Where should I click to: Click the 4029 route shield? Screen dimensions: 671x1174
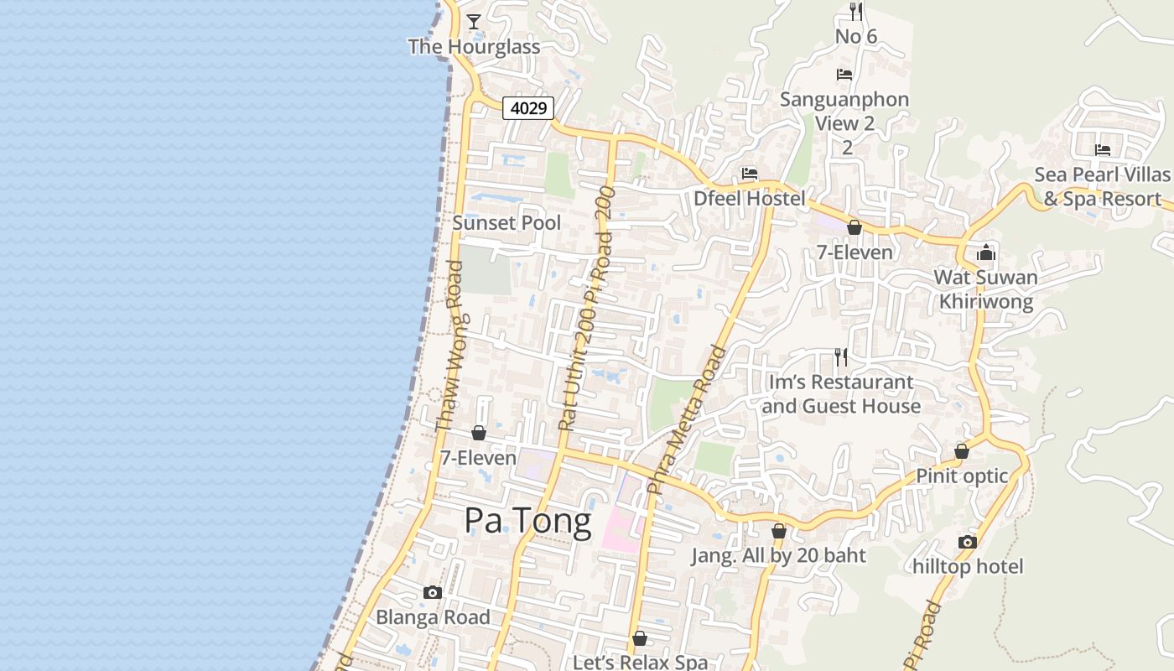click(x=528, y=108)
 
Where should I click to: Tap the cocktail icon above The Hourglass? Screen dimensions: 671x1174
click(x=474, y=22)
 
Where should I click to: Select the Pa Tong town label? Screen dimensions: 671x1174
click(x=527, y=521)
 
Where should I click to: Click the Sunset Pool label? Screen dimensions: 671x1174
click(x=506, y=223)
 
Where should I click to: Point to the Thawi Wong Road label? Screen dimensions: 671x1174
click(x=449, y=347)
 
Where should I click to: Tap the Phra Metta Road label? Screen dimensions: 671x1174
click(x=688, y=419)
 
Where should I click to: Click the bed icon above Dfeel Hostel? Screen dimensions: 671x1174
click(x=750, y=174)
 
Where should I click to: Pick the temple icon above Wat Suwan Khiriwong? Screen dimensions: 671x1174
click(x=985, y=252)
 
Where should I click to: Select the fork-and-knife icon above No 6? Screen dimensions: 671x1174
click(x=855, y=11)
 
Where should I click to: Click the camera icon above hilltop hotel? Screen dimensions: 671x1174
click(x=968, y=542)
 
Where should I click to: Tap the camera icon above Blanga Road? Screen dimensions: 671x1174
click(x=433, y=592)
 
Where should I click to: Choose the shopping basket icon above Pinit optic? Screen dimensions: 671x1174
click(x=962, y=451)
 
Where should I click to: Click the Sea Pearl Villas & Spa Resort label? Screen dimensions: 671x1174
click(x=1102, y=187)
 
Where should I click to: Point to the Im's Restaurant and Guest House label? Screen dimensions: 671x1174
click(x=841, y=394)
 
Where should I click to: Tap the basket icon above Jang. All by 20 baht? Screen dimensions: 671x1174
click(x=778, y=531)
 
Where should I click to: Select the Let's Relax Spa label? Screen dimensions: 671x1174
click(x=640, y=662)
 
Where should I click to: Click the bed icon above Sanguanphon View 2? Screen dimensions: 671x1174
click(x=844, y=75)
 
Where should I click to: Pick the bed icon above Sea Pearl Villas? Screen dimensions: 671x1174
click(x=1102, y=150)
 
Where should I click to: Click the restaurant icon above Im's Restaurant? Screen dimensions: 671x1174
click(x=841, y=357)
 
